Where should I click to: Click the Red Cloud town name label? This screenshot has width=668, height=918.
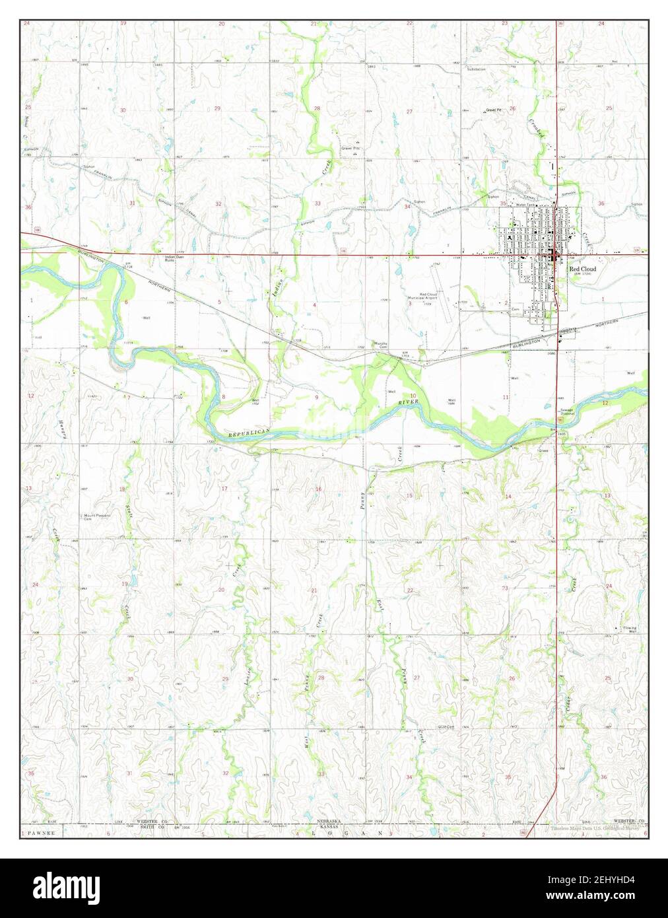pyautogui.click(x=582, y=269)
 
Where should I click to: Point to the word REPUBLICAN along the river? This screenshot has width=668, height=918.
pyautogui.click(x=250, y=433)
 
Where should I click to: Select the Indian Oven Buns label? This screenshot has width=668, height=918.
pyautogui.click(x=174, y=258)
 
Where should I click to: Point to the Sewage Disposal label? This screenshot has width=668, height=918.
pyautogui.click(x=568, y=412)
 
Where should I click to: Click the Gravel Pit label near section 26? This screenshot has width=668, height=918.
pyautogui.click(x=494, y=110)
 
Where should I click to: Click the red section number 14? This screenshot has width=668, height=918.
pyautogui.click(x=508, y=496)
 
